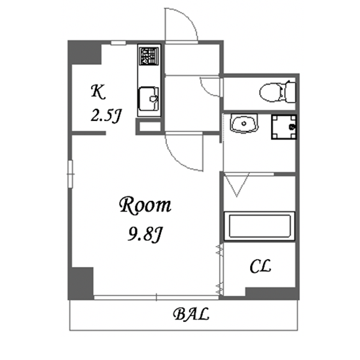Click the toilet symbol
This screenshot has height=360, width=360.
click(278, 92)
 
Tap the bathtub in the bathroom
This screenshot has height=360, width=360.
click(259, 226)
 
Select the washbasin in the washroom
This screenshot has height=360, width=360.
click(244, 124)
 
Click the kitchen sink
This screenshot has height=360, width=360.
click(149, 98)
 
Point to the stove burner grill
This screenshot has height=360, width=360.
click(149, 56)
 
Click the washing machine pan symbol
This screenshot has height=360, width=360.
click(284, 127)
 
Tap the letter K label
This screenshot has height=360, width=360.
click(98, 92)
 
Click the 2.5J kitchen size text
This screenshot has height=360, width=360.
click(105, 115)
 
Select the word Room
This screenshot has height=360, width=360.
click(145, 206)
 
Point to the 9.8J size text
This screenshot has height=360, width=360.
click(145, 234)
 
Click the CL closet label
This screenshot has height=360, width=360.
click(261, 266)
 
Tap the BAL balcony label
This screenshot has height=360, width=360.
click(191, 314)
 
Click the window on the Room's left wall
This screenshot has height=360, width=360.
click(71, 174)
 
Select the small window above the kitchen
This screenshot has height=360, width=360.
click(118, 43)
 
